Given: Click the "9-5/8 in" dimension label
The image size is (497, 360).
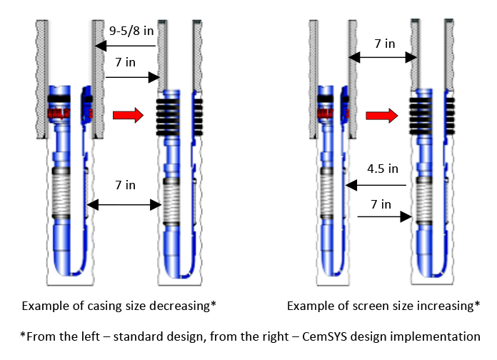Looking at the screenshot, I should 131,31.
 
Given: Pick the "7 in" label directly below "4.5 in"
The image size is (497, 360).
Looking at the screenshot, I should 381,205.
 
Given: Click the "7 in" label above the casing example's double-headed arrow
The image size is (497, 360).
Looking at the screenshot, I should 125,185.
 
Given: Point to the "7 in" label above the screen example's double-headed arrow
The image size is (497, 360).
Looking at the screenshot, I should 384,44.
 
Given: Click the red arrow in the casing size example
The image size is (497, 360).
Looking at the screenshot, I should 129,114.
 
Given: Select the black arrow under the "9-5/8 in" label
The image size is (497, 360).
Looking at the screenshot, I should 126,46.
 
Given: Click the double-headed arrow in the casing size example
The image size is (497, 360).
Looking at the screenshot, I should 123,205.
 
